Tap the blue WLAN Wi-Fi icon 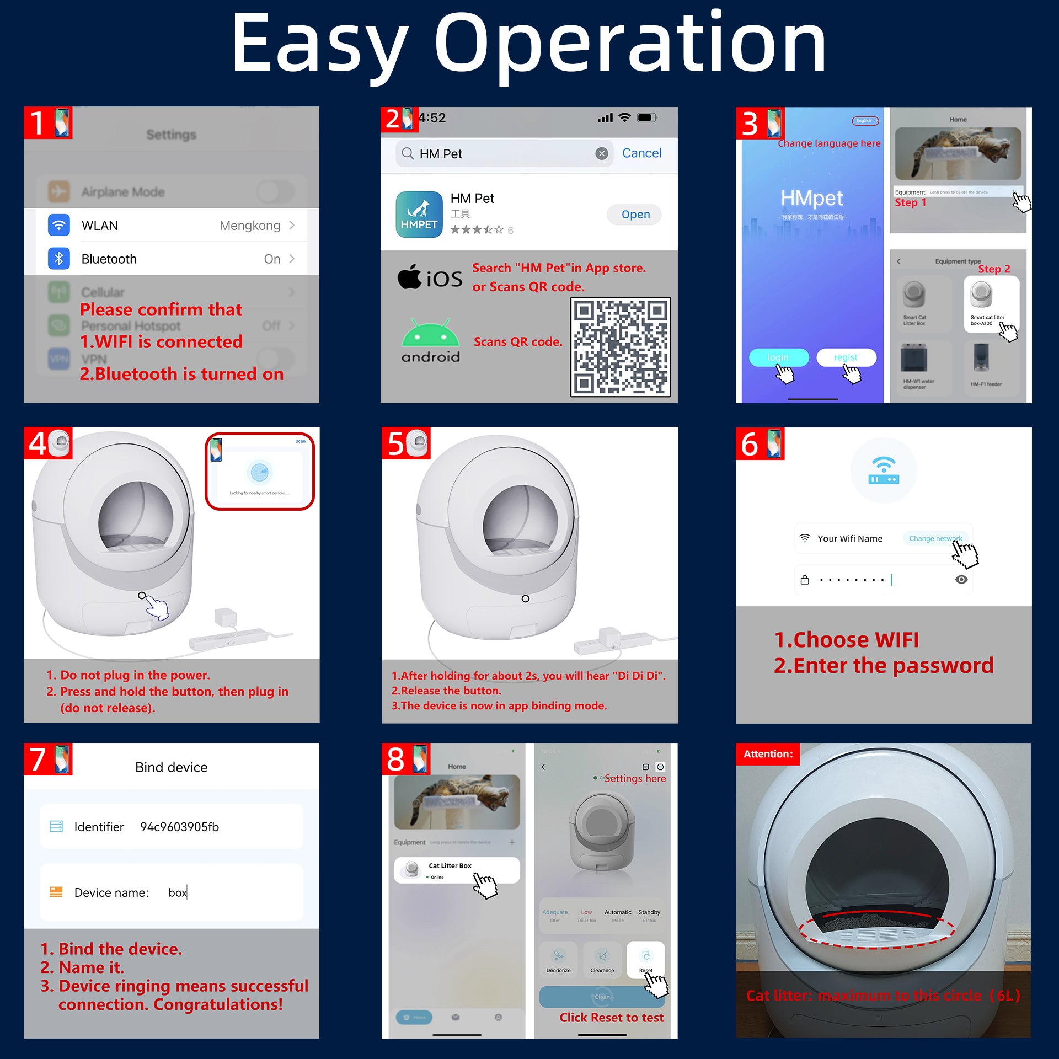[x=59, y=225]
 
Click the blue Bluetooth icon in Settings [x=59, y=259]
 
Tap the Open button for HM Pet [x=635, y=215]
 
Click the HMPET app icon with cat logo [x=419, y=215]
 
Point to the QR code [x=620, y=347]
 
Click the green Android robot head [x=430, y=333]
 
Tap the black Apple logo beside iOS [x=409, y=277]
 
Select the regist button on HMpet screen [x=845, y=357]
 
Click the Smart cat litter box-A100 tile [x=991, y=304]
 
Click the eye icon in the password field [x=961, y=580]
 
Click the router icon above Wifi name [x=883, y=470]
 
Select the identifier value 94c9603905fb [x=179, y=827]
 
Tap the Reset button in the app [x=645, y=960]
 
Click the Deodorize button [x=558, y=960]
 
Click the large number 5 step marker [x=396, y=443]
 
